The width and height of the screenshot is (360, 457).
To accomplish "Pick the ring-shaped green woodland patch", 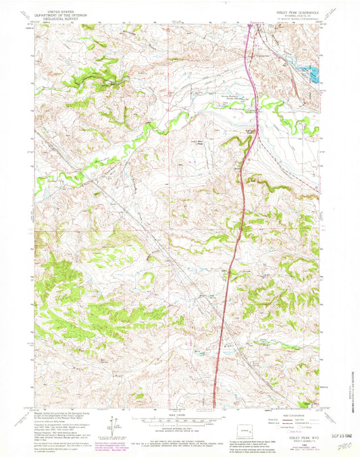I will click(147, 277).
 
